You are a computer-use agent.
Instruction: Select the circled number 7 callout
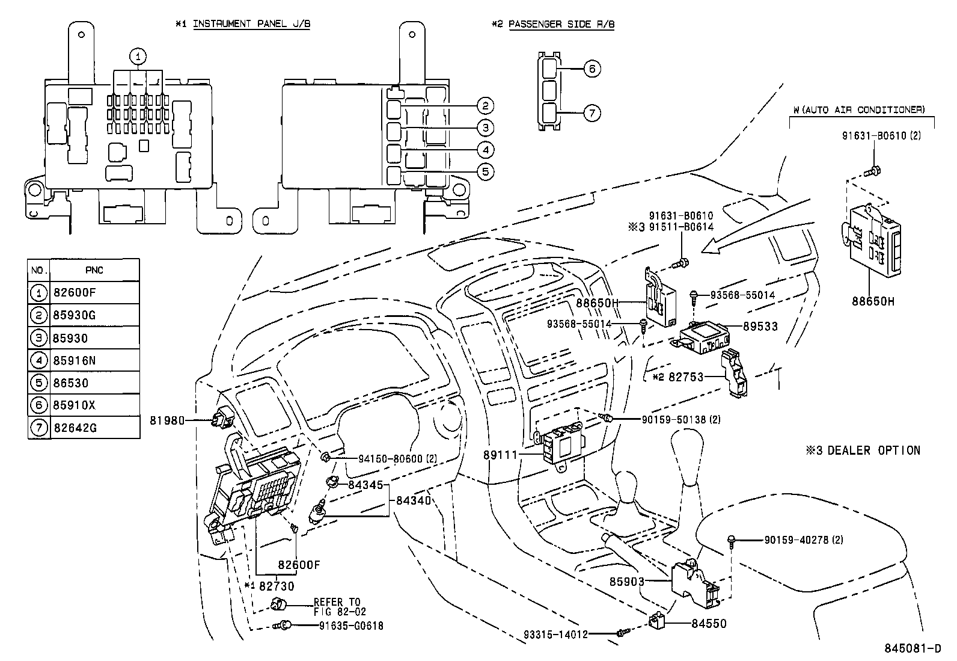[x=592, y=112]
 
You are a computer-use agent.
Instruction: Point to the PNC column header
[x=94, y=270]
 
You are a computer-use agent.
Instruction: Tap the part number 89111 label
[x=500, y=455]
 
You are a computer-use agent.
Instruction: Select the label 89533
[x=760, y=327]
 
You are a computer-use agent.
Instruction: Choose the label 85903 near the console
[x=626, y=582]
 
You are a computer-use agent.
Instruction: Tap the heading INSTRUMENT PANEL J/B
[x=251, y=24]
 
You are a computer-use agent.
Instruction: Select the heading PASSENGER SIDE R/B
[x=561, y=24]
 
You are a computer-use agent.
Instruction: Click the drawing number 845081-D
[x=912, y=648]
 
